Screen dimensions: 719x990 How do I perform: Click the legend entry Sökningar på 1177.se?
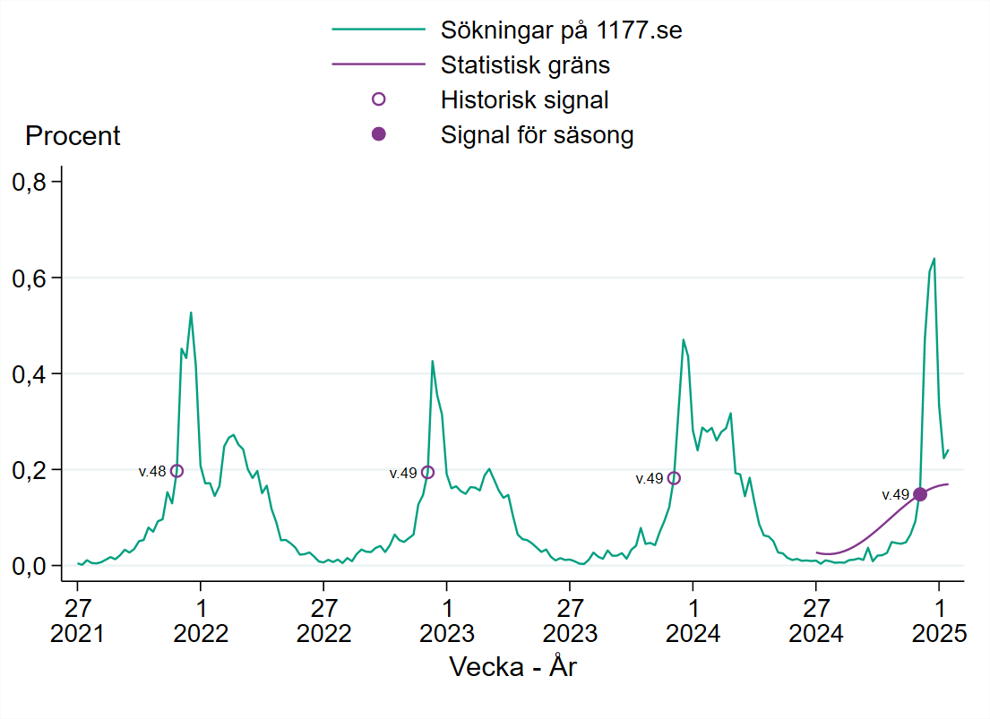[561, 30]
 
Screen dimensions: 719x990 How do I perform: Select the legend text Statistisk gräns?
[525, 65]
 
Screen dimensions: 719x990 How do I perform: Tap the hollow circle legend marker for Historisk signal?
[378, 99]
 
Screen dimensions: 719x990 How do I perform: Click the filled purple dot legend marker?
[378, 133]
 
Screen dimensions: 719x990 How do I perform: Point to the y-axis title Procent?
[73, 136]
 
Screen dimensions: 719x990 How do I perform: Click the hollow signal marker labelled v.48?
[176, 471]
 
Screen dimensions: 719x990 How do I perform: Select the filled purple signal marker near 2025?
[920, 494]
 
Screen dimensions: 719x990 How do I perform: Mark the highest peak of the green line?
[934, 259]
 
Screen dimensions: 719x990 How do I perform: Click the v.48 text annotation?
[151, 472]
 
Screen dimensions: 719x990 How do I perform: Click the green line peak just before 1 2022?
[191, 312]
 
